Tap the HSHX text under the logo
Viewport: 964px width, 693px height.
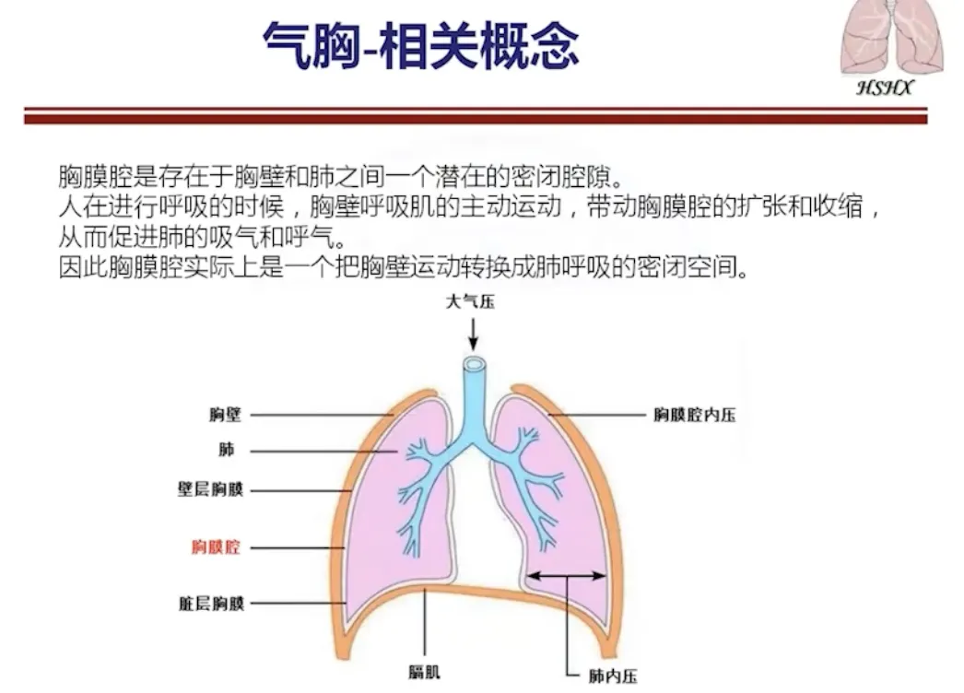(885, 88)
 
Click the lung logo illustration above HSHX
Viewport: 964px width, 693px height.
(891, 38)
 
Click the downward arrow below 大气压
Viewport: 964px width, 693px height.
(472, 333)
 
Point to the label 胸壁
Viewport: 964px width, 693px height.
(225, 415)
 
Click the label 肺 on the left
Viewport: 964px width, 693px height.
(227, 451)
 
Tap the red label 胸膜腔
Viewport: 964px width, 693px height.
(217, 547)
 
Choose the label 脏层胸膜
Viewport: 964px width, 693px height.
(211, 605)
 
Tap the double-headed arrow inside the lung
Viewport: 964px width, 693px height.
(566, 576)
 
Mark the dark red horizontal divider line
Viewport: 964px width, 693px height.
(475, 115)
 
